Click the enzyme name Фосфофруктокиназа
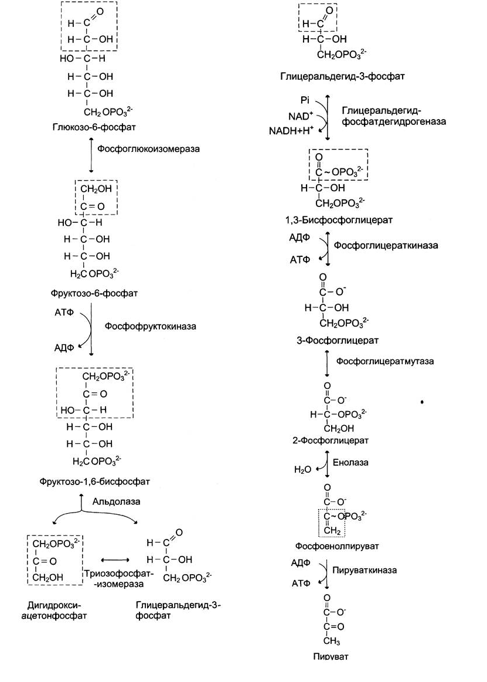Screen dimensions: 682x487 (151, 325)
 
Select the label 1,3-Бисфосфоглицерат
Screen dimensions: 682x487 (329, 219)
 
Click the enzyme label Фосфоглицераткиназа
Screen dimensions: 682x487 (386, 245)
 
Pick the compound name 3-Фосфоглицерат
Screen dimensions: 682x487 (329, 340)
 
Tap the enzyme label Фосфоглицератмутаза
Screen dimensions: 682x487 (385, 361)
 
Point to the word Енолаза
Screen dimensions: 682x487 (352, 462)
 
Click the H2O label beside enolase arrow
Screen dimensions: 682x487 (302, 470)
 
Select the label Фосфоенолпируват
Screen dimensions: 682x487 (337, 546)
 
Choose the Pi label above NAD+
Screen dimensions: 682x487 (305, 100)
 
